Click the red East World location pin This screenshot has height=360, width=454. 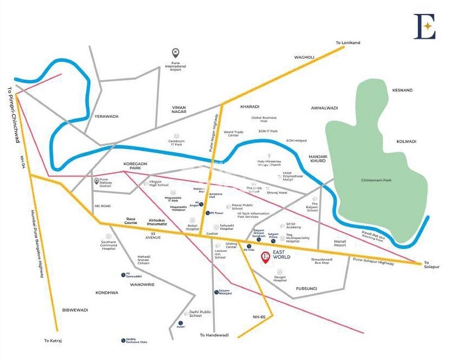pyautogui.click(x=265, y=258)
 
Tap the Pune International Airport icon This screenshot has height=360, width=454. pyautogui.click(x=174, y=52)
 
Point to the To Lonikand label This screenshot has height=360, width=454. pyautogui.click(x=347, y=43)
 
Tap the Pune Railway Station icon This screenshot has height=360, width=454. pyautogui.click(x=97, y=181)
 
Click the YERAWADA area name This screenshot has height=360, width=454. pyautogui.click(x=106, y=116)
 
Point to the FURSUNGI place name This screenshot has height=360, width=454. pyautogui.click(x=306, y=288)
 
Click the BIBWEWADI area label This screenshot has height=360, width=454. pyautogui.click(x=75, y=310)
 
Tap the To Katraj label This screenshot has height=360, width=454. pyautogui.click(x=54, y=341)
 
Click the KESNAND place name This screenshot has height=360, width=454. pyautogui.click(x=402, y=90)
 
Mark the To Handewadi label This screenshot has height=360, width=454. pyautogui.click(x=214, y=335)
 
